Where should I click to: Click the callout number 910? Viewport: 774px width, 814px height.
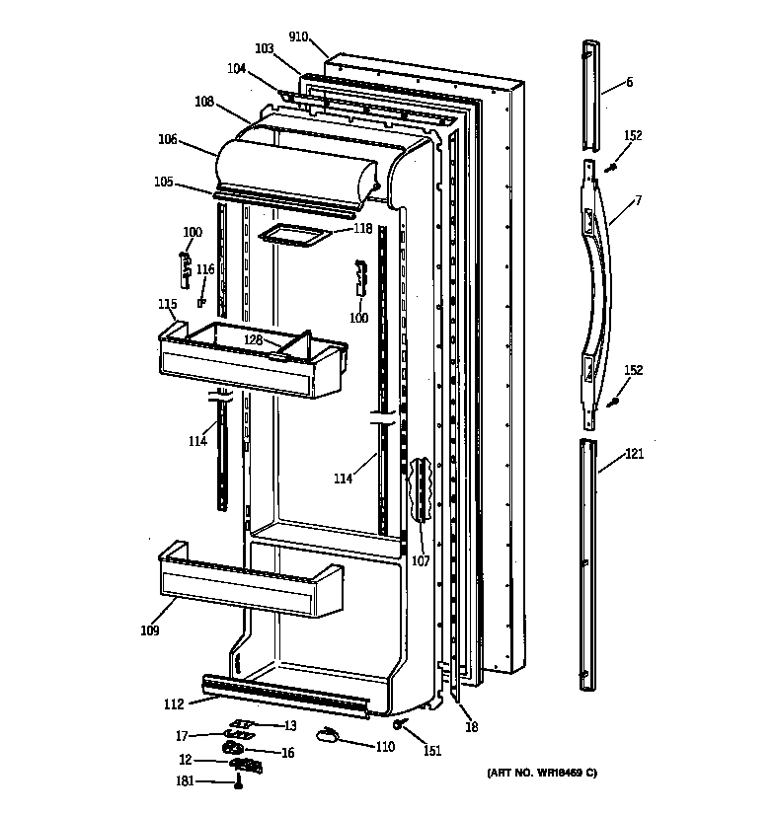click(299, 37)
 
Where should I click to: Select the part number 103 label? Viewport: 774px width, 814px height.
click(264, 48)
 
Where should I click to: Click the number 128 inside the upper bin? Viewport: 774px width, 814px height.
click(254, 340)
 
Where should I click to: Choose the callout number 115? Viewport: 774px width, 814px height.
click(167, 304)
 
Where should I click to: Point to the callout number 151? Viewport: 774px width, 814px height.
click(431, 751)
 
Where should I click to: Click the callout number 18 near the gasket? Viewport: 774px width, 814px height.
click(471, 728)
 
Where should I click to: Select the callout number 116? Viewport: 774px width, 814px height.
click(204, 269)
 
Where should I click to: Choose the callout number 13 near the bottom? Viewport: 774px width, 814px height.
click(290, 726)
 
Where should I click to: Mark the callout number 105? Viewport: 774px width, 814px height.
click(163, 182)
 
